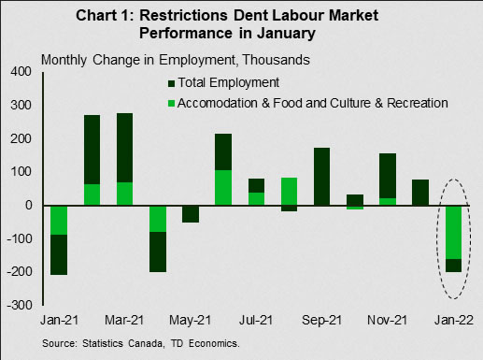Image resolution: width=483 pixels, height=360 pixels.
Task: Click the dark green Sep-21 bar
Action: click(x=322, y=177)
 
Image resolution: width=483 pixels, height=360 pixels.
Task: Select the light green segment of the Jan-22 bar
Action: click(x=453, y=233)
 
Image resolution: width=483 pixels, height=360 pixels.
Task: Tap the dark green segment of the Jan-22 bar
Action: click(x=453, y=266)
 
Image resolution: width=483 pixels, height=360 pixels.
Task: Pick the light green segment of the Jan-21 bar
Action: click(x=59, y=221)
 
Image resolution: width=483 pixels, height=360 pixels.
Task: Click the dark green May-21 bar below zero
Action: click(x=191, y=214)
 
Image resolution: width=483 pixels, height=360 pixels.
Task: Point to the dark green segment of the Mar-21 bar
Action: click(x=124, y=148)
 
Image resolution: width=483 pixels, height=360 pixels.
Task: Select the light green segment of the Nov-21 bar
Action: click(x=388, y=202)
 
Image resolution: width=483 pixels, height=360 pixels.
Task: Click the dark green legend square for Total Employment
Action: click(x=171, y=83)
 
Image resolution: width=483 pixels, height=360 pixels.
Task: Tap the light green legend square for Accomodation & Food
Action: click(x=171, y=103)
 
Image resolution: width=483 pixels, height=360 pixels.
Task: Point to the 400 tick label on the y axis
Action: click(x=21, y=71)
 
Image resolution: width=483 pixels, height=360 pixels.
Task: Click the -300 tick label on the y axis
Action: click(x=20, y=305)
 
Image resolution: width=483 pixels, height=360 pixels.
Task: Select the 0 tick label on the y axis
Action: click(x=29, y=205)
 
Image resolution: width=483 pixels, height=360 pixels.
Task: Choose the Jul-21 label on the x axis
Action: click(x=256, y=320)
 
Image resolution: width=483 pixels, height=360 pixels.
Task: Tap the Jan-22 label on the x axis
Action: click(x=454, y=320)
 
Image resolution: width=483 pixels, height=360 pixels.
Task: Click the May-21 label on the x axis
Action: click(x=190, y=320)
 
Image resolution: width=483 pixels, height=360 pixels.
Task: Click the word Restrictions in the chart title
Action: click(x=183, y=15)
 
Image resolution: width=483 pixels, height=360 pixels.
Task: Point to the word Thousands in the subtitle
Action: click(x=276, y=60)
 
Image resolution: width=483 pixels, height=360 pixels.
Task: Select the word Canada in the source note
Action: click(x=145, y=343)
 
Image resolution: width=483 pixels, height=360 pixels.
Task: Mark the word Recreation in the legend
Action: click(x=418, y=103)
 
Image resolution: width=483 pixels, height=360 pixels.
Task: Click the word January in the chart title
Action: click(x=287, y=34)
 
